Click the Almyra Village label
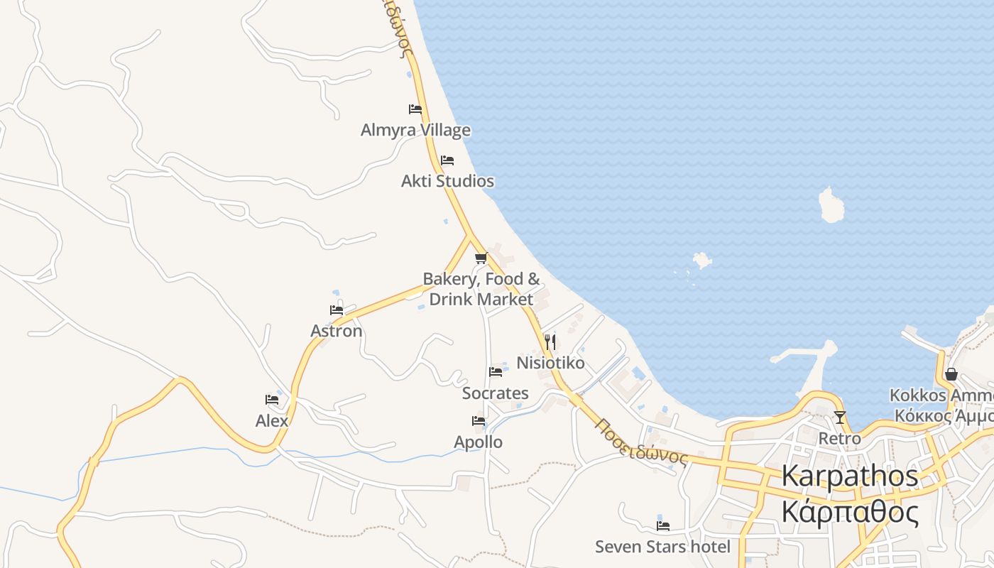tap(415, 130)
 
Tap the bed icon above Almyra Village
tap(415, 109)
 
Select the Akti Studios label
tap(447, 181)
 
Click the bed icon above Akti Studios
tap(447, 160)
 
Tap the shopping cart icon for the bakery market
tap(481, 258)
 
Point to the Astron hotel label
tap(337, 331)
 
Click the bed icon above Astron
tap(337, 310)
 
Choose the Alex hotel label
tap(272, 420)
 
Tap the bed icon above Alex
tap(272, 400)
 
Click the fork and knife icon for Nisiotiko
tap(550, 342)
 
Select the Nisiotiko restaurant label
tap(550, 363)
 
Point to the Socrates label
tap(496, 393)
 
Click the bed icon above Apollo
tap(479, 421)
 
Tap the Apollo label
tap(479, 442)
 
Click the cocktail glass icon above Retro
tap(840, 417)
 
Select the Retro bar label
tap(840, 438)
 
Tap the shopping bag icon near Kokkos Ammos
tap(951, 374)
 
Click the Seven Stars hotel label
tap(662, 547)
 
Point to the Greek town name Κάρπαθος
tap(850, 511)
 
